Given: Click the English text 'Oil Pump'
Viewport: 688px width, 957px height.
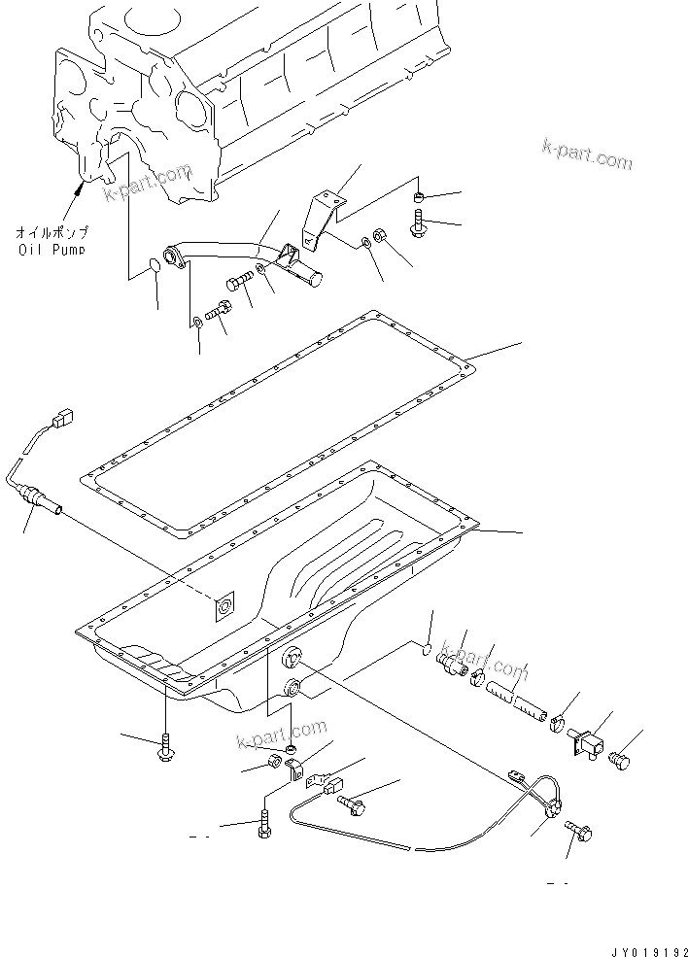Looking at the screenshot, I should point(51,249).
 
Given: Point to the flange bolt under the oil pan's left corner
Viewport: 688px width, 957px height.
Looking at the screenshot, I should point(165,748).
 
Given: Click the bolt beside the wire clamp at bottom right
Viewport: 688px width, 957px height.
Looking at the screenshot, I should point(582,833).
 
